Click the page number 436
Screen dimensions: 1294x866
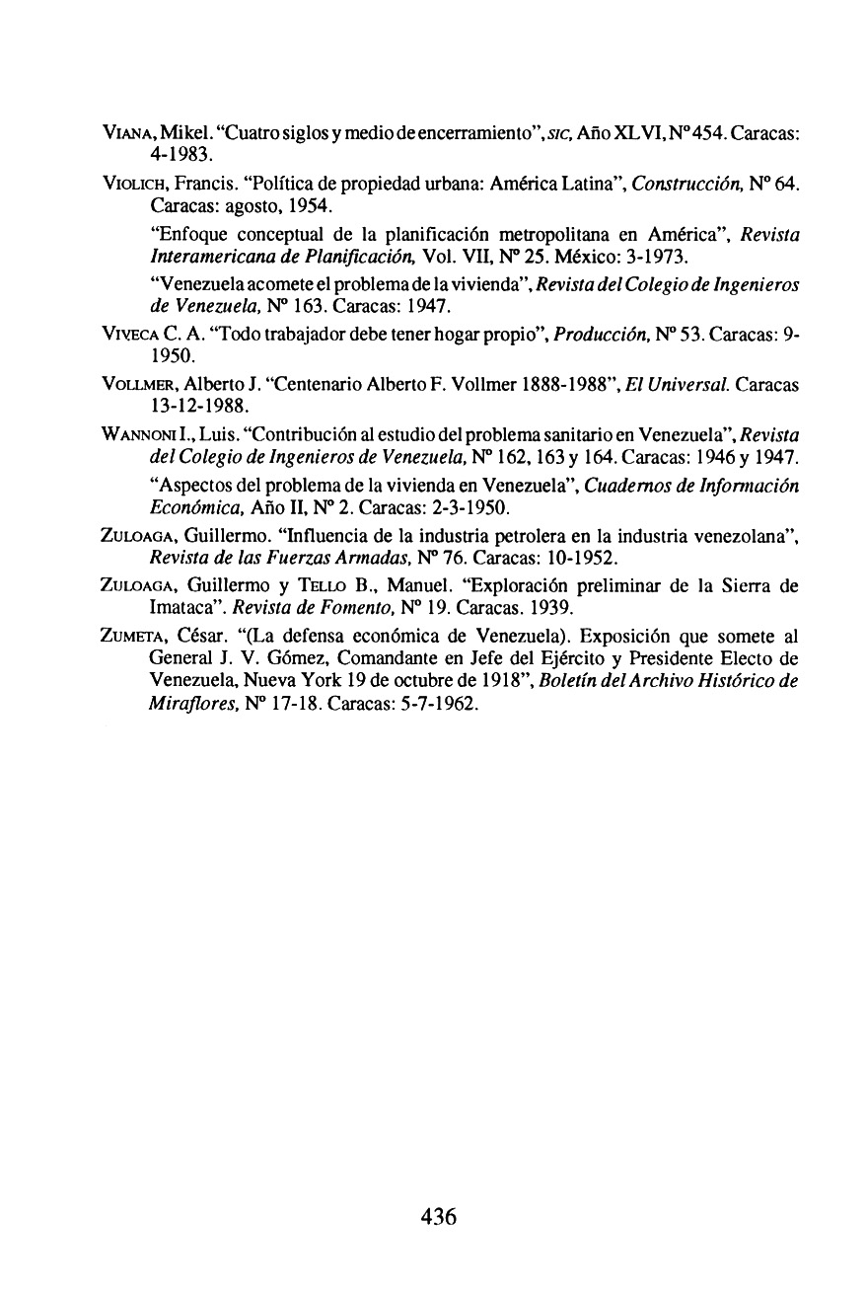click(x=438, y=1216)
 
